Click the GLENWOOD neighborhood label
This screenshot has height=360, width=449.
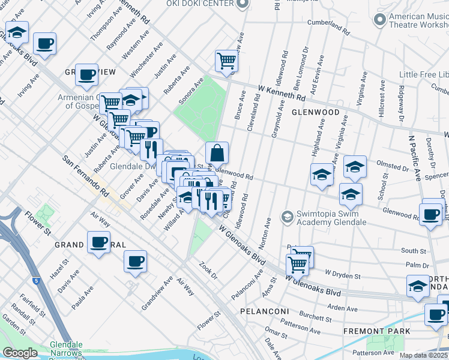point(316,112)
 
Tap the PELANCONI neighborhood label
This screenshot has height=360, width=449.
point(265,311)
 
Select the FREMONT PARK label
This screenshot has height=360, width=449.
point(377,331)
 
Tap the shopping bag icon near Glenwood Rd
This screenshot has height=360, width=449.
point(217,153)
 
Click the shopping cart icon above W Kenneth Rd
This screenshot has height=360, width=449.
point(226,61)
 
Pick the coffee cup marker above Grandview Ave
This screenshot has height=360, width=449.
point(135,261)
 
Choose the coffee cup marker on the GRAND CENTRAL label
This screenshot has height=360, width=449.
point(98,242)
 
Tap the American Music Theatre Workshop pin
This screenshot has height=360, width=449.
point(379,20)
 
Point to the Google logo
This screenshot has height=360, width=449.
point(20,353)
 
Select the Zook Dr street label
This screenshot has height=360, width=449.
point(208,267)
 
